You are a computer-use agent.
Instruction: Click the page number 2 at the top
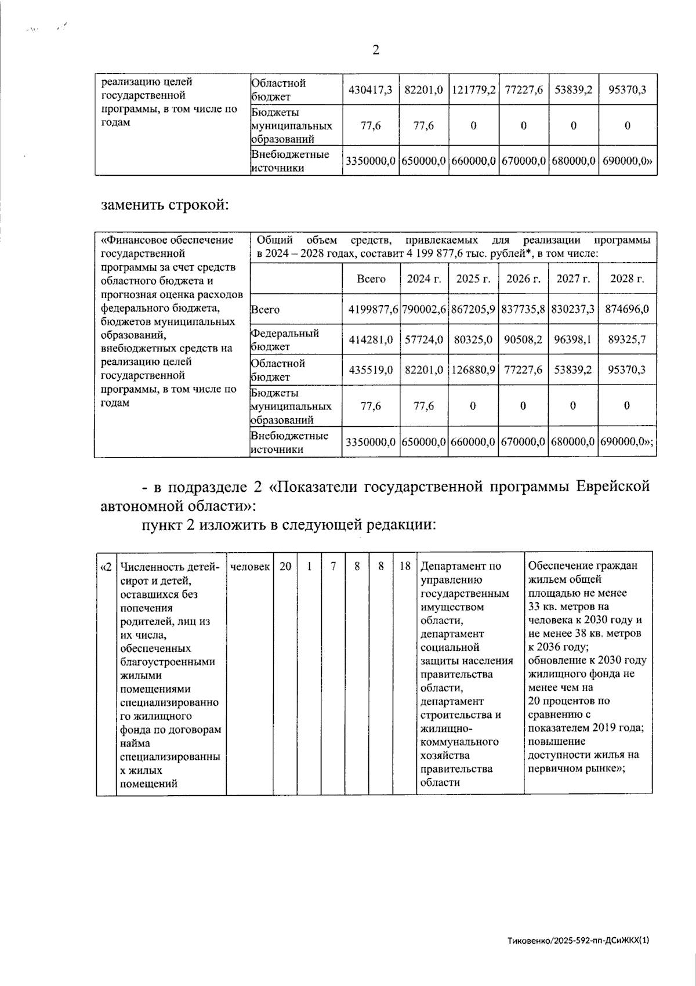[376, 50]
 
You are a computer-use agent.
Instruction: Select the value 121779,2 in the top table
[473, 90]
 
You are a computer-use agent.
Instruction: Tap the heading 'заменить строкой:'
[164, 205]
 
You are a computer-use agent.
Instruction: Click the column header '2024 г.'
[423, 279]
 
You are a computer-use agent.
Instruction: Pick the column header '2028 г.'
[627, 279]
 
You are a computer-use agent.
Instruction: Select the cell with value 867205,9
[474, 310]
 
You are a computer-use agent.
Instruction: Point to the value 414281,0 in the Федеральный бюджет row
[371, 340]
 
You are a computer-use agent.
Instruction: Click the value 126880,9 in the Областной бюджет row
[474, 370]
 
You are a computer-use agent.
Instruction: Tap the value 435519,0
[371, 370]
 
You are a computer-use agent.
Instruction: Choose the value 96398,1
[573, 340]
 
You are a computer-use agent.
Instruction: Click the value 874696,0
[627, 310]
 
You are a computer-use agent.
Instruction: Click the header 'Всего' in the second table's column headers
[371, 279]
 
